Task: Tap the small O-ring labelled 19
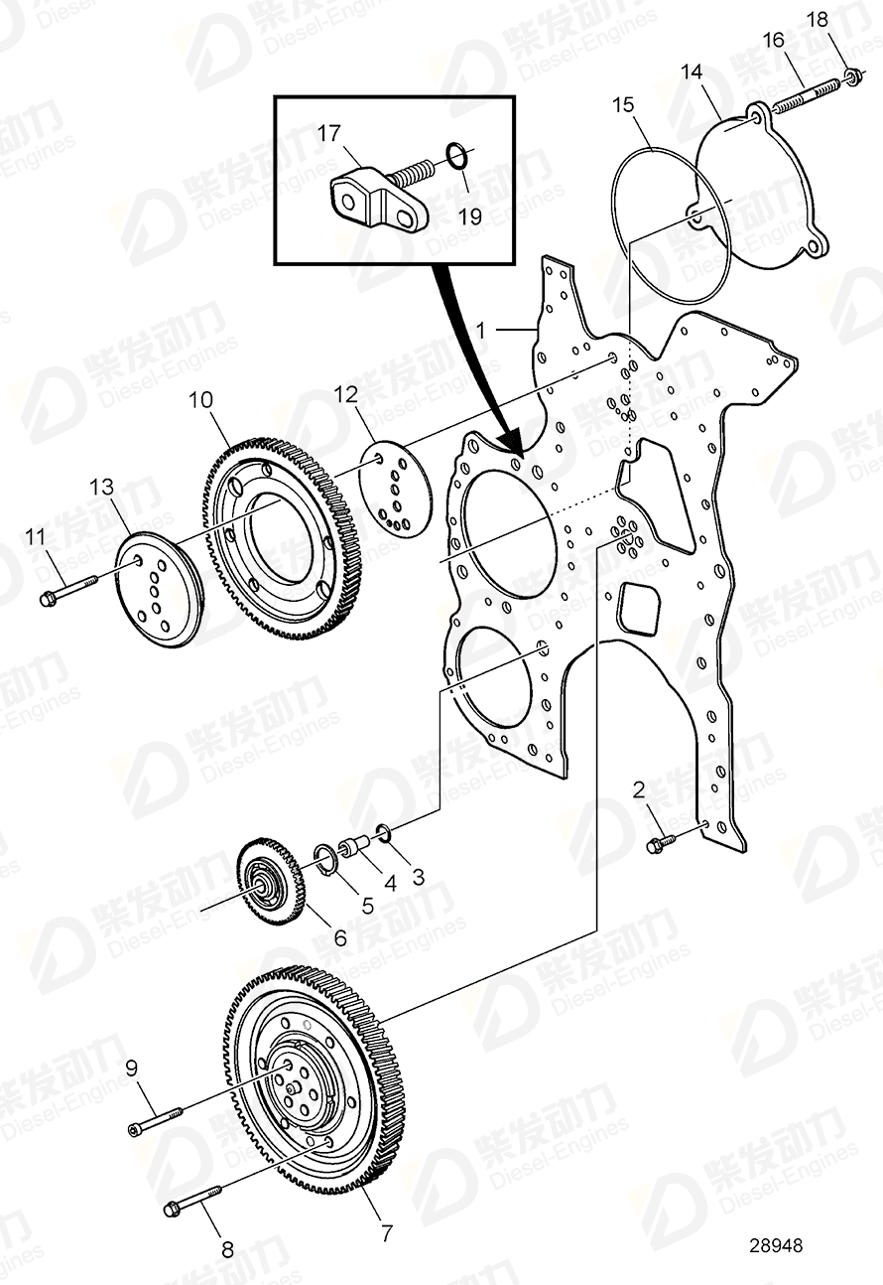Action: [455, 155]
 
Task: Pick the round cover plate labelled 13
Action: [158, 592]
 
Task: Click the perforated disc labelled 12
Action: [395, 493]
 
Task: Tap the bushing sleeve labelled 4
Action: [353, 848]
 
